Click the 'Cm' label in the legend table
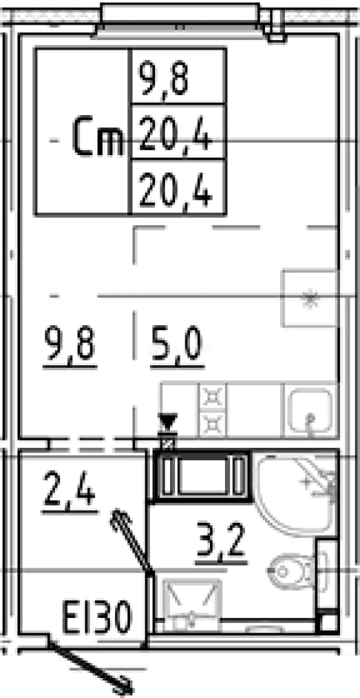click(98, 136)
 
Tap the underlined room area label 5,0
click(177, 345)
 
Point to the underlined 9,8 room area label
click(70, 345)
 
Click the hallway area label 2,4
click(70, 490)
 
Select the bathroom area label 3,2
click(221, 540)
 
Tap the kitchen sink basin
click(310, 410)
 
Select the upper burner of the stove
click(213, 396)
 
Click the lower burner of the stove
click(213, 424)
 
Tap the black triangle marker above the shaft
click(168, 421)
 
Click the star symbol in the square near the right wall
click(310, 299)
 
